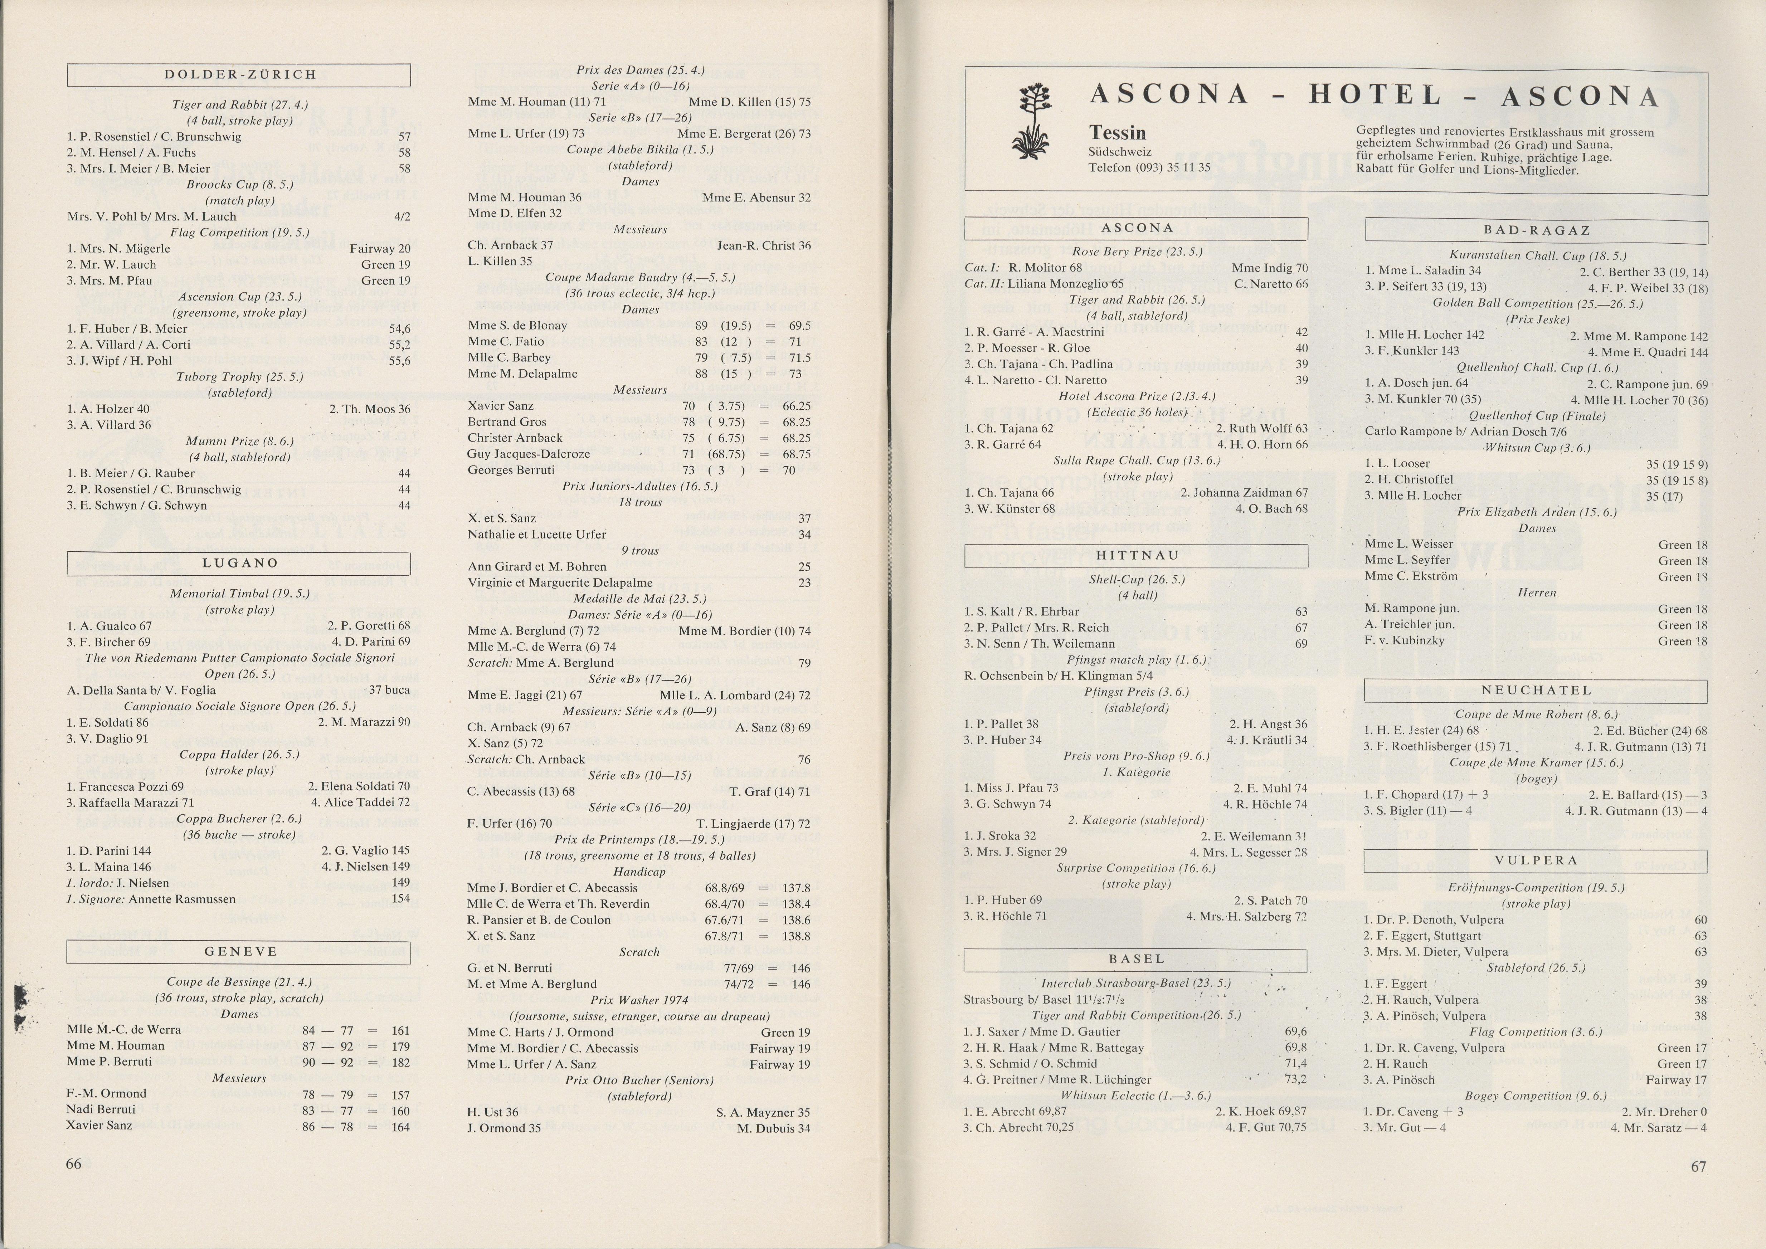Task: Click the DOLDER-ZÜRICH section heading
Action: click(239, 75)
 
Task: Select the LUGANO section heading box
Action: click(239, 563)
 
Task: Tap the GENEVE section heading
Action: click(239, 952)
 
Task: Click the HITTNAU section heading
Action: click(1136, 555)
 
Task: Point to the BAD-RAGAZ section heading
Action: click(1536, 231)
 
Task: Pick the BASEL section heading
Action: click(1136, 960)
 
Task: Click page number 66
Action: click(74, 1163)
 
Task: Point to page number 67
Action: click(1698, 1166)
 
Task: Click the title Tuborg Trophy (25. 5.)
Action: click(239, 377)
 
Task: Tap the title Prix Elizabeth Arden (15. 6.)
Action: click(1536, 512)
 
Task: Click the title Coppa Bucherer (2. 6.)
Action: click(239, 818)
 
